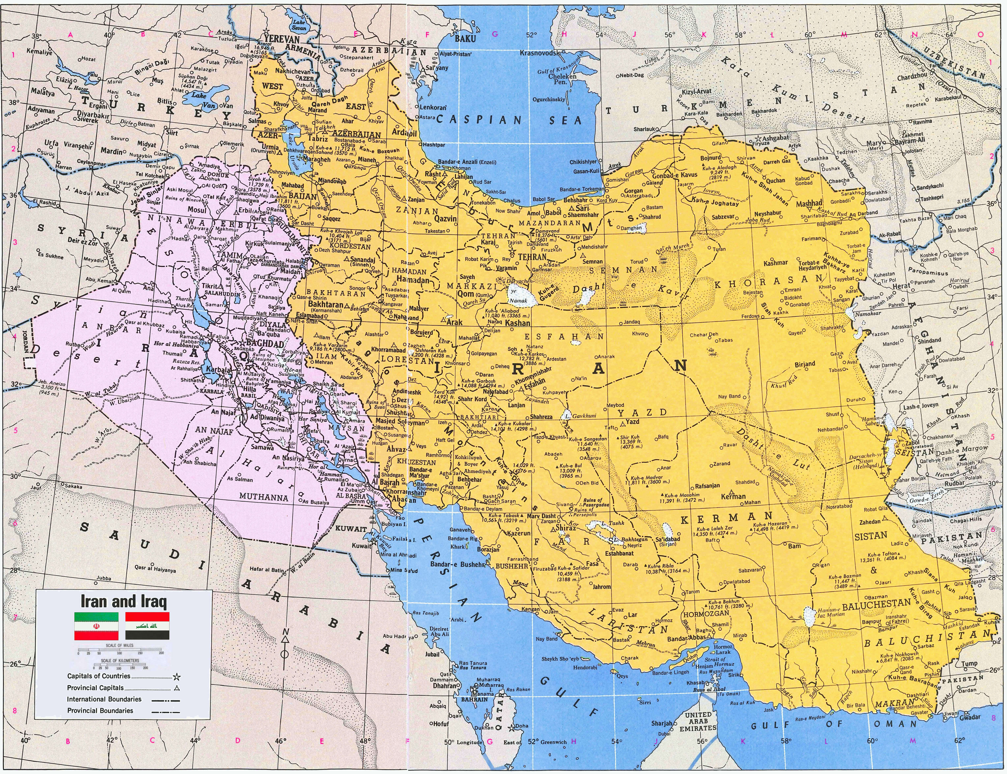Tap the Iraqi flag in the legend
[147, 626]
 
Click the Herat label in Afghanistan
[901, 286]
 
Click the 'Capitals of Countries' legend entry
[99, 676]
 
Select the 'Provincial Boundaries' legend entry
[100, 710]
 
